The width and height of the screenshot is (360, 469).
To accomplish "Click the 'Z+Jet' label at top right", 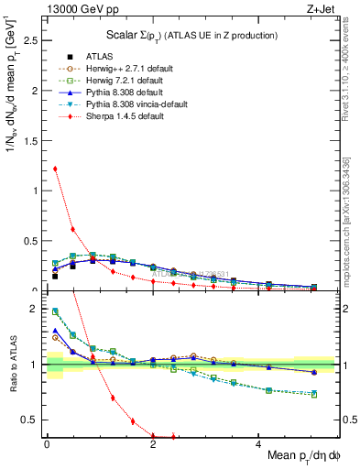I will [x=321, y=8].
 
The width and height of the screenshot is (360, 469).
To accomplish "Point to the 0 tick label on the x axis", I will [x=47, y=445].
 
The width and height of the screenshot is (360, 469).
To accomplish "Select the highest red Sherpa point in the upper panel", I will [x=55, y=169].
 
